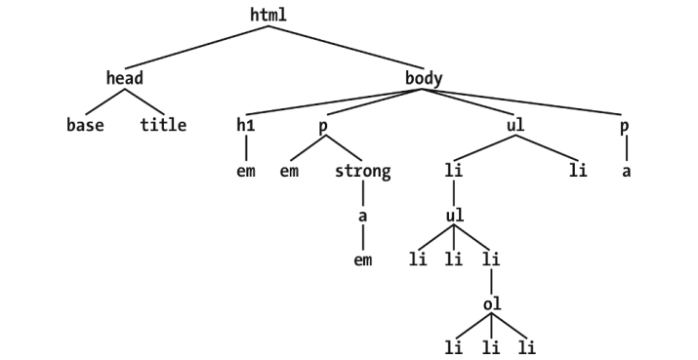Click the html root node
[x=269, y=15]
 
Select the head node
[x=124, y=77]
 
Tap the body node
[x=424, y=77]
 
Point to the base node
[x=85, y=125]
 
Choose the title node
[x=162, y=125]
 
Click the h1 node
[x=245, y=125]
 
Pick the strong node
[x=362, y=172]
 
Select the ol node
[x=491, y=303]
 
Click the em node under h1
[x=245, y=172]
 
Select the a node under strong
[x=362, y=216]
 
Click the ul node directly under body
[x=516, y=125]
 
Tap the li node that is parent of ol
[x=491, y=260]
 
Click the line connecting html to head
[x=195, y=46]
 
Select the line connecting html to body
[x=347, y=46]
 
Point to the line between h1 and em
[x=245, y=148]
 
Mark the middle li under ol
[x=491, y=346]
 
